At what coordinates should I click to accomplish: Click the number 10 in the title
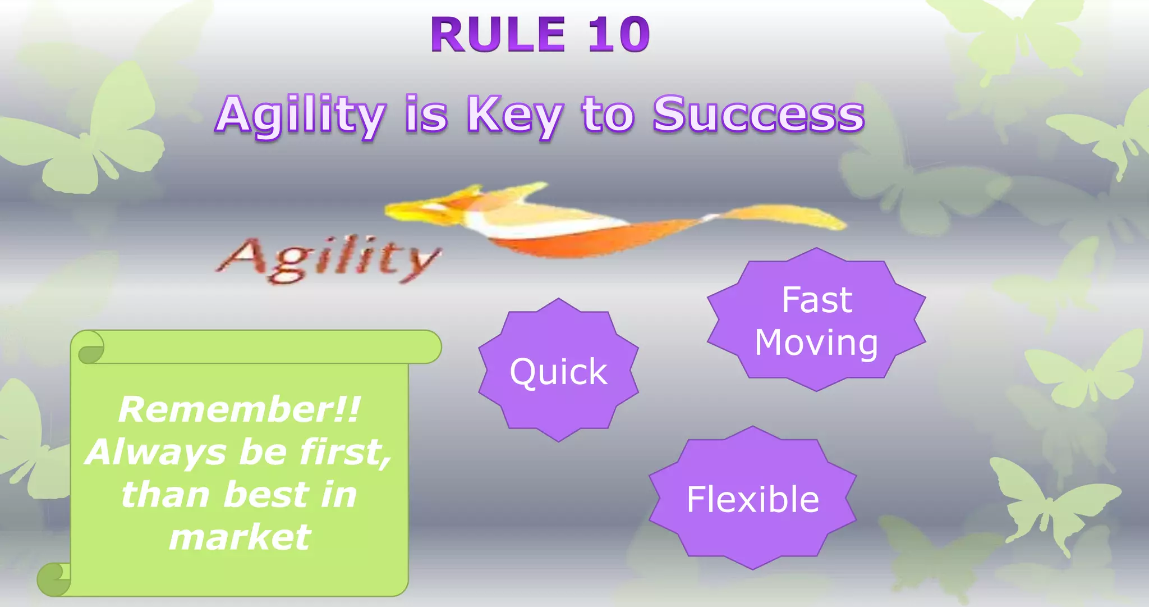click(x=619, y=35)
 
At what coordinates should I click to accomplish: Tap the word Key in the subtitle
click(x=514, y=115)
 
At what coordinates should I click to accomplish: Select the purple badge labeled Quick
click(x=558, y=371)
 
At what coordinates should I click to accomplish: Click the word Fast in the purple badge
click(x=816, y=300)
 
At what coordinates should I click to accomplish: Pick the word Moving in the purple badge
click(x=816, y=343)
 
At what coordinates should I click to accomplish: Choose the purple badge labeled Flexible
click(x=752, y=499)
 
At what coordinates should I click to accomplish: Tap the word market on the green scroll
click(x=240, y=537)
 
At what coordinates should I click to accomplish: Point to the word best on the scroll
click(x=266, y=495)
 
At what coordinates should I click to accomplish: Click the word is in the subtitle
click(x=426, y=115)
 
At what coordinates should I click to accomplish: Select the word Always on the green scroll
click(x=157, y=453)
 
